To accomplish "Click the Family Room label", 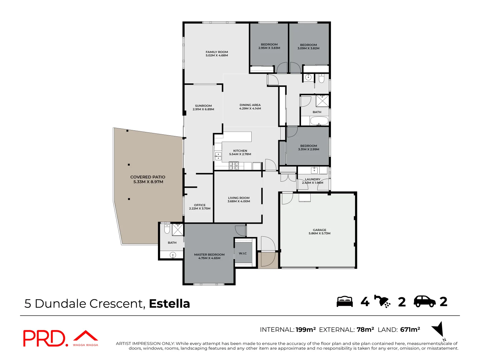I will (217, 52).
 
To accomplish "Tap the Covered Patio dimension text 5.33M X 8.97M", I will (148, 182).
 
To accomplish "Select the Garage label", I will (319, 230).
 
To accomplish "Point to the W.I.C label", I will (243, 253).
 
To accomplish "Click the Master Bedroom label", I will (209, 255).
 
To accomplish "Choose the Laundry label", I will (312, 179).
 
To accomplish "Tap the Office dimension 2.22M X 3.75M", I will (200, 209).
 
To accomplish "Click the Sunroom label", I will (203, 106).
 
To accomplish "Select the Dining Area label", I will (250, 105).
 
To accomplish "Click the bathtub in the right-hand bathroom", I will (319, 121).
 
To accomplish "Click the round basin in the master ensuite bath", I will (173, 255).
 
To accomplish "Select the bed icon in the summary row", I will (344, 301).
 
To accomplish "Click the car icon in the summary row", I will (424, 301).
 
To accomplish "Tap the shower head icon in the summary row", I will (382, 301).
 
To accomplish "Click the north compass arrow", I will (438, 329).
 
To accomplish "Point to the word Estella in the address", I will (169, 304).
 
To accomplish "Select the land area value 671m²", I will (410, 330).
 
